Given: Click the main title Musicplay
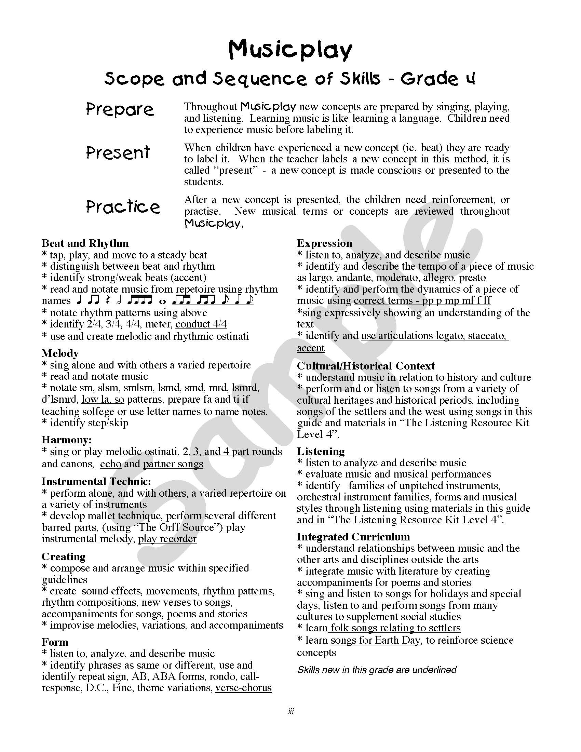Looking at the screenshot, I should tap(290, 50).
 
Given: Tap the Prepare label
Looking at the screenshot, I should tap(120, 109).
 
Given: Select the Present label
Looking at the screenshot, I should tap(118, 152).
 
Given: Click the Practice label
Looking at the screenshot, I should tap(123, 206).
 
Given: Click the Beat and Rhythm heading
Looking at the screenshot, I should tap(85, 243).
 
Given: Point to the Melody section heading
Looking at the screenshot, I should tap(60, 353).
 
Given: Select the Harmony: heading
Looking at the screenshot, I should tap(66, 440).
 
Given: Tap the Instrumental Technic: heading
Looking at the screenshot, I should tap(96, 481).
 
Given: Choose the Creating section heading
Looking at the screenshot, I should tap(63, 556).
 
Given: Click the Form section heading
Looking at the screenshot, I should tap(55, 642).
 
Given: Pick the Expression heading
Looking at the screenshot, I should tap(324, 243).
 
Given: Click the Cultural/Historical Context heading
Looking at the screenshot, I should tap(366, 366).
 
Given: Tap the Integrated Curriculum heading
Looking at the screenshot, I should tap(353, 537).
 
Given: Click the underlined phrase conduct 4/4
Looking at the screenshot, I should tap(201, 324).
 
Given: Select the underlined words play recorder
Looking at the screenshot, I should tap(167, 538).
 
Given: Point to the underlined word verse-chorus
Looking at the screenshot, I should tap(243, 688).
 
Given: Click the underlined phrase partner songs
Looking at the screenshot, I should tap(173, 464).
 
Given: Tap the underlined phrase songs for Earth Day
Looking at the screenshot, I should tap(376, 640).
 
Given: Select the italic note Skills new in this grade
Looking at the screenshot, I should tap(377, 670).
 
